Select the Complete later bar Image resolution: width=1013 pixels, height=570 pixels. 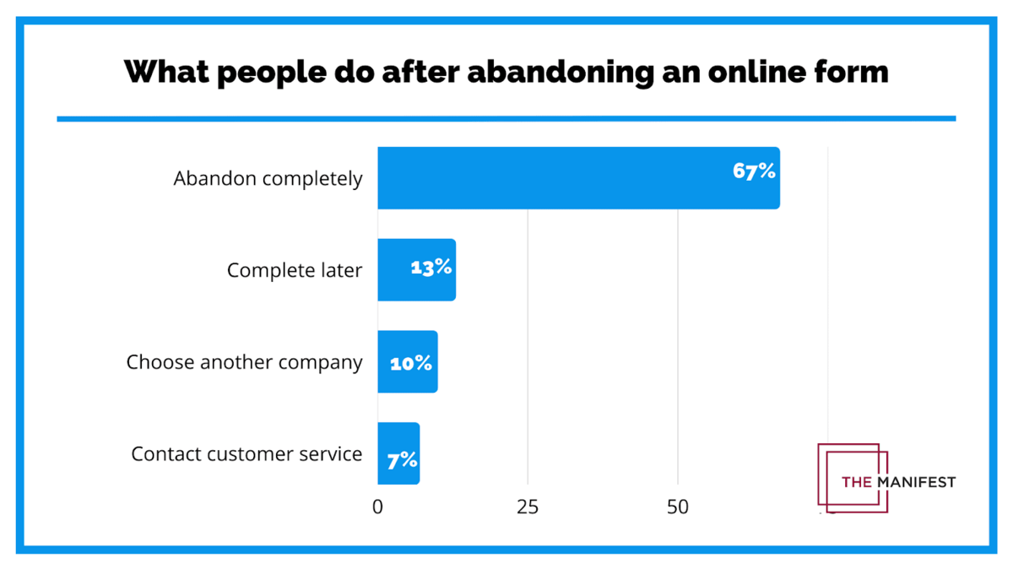tap(397, 270)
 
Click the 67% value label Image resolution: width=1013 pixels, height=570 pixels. tap(754, 171)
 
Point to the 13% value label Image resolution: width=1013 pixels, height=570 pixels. tap(431, 268)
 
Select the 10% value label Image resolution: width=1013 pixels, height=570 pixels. tap(411, 364)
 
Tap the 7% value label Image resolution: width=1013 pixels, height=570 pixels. tap(403, 460)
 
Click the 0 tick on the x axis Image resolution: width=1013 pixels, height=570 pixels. tap(377, 507)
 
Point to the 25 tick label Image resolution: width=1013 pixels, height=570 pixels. tap(528, 507)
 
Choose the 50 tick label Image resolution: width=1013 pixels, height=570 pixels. tap(678, 507)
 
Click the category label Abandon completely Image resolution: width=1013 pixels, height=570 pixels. tap(268, 179)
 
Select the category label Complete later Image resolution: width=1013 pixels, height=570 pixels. tap(295, 271)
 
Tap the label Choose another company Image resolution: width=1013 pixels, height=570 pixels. tap(245, 362)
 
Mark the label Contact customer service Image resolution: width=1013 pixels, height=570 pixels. tap(246, 454)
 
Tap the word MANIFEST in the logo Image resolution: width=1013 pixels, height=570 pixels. tap(916, 482)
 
